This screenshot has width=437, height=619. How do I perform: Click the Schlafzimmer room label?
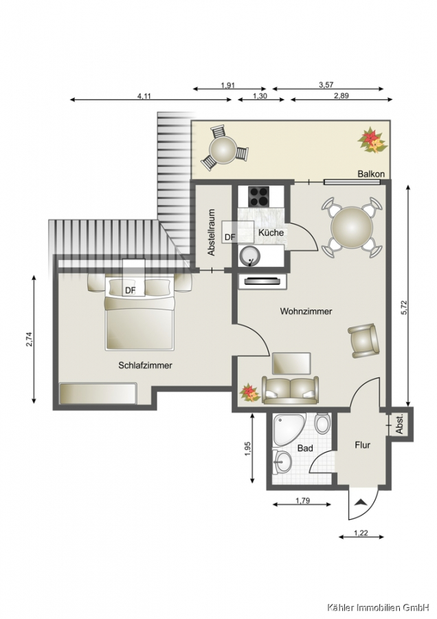tap(145, 366)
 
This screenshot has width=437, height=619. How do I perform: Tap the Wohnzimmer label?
tap(306, 312)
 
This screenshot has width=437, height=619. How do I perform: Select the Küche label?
tap(271, 232)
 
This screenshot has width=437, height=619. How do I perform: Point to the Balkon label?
tap(371, 174)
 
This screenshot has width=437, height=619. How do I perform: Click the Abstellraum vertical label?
tap(212, 232)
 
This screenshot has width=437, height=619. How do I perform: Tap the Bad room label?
tap(305, 448)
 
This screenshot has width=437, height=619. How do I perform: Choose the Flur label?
tap(363, 445)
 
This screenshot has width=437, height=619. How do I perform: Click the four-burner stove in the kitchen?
tap(259, 196)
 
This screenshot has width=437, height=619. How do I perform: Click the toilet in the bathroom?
tap(322, 423)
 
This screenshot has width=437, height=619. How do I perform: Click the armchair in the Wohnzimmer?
tap(363, 340)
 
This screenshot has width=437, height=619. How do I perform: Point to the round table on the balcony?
tap(223, 150)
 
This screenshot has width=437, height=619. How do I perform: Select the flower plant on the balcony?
tap(371, 140)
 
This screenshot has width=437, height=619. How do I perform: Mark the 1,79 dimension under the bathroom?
tap(302, 501)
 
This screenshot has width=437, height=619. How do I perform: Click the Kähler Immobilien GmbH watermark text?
tap(378, 607)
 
